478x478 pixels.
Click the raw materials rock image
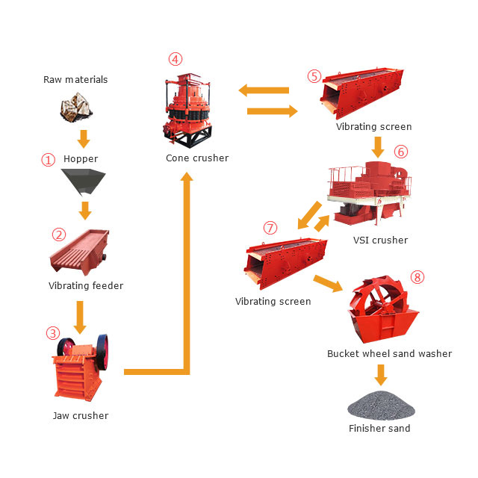[x=76, y=108]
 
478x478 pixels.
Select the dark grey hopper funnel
[x=83, y=182]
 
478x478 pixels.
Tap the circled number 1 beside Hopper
[x=48, y=160]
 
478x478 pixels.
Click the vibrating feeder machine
[x=80, y=252]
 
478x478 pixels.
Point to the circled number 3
[x=53, y=333]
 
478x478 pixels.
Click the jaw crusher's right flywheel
[x=103, y=352]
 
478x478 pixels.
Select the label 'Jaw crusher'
[x=81, y=415]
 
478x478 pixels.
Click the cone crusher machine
[x=187, y=111]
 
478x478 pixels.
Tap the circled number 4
[x=176, y=59]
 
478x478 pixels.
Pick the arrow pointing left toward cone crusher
[x=264, y=90]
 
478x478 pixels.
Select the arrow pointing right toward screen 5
[x=272, y=111]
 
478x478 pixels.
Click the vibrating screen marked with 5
[x=361, y=93]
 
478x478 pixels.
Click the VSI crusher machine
[x=370, y=193]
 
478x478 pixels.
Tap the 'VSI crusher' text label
[x=380, y=240]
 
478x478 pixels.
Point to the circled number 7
[x=270, y=228]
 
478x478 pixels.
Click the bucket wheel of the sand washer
[x=379, y=297]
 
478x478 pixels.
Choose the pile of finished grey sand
[x=381, y=405]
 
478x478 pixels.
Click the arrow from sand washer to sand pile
[x=381, y=375]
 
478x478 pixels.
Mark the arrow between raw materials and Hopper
[x=84, y=139]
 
